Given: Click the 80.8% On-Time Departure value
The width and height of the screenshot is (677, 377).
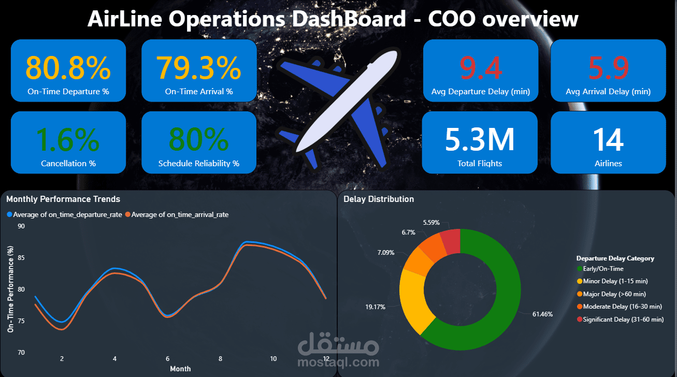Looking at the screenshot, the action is (68, 68).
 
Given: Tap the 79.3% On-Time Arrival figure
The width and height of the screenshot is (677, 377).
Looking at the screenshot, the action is (198, 68).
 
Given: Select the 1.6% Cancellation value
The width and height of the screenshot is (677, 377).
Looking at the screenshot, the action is (68, 140).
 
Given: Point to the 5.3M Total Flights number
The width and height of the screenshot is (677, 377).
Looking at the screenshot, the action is (480, 140).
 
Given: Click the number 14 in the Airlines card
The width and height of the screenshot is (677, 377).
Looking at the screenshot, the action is (608, 140).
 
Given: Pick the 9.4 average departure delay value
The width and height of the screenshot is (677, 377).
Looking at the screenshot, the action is (481, 68).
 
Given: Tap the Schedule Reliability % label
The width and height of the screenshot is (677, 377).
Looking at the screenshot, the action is (199, 164).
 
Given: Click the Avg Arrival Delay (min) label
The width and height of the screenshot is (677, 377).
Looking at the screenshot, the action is (608, 92).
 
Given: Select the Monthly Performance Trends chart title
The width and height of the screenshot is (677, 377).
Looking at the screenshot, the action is (63, 199).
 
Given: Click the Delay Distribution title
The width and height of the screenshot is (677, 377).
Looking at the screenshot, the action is (379, 199).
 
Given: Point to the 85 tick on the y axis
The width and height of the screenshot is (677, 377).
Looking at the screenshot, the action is (21, 258).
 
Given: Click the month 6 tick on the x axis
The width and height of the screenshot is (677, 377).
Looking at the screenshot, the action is (167, 358).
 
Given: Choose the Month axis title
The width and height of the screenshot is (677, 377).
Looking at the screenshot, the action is (180, 369).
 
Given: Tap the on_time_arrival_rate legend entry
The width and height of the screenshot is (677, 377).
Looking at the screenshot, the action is (177, 214).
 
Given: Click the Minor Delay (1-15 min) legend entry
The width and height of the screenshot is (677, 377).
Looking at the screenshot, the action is (612, 281).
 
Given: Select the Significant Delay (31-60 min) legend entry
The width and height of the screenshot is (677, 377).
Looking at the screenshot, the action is (621, 320).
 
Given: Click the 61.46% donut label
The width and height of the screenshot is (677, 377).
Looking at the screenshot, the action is (542, 314).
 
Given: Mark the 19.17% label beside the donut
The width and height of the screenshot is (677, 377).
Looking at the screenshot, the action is (375, 307).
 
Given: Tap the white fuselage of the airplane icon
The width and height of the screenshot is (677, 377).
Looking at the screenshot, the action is (347, 101).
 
